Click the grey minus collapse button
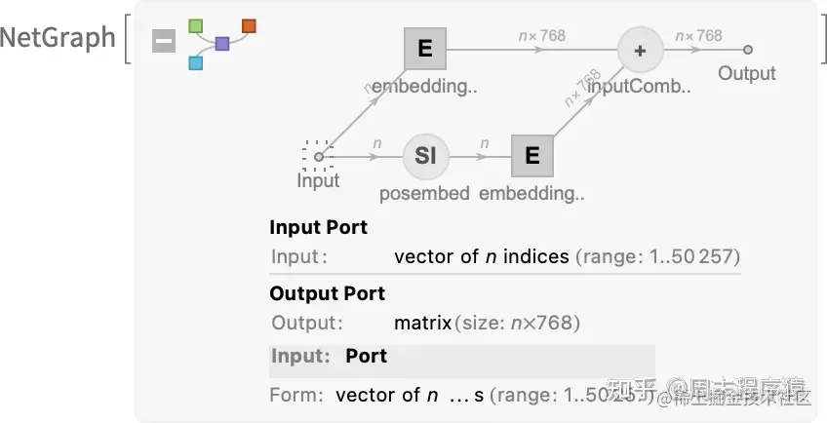(164, 42)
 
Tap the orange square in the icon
(249, 25)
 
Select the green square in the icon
(195, 24)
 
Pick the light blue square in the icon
(195, 63)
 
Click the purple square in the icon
(222, 44)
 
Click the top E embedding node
(425, 49)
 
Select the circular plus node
(640, 50)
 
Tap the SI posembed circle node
(425, 155)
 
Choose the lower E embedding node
(532, 155)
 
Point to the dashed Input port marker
(318, 155)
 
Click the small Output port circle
(748, 49)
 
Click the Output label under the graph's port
(747, 73)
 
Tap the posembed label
(425, 193)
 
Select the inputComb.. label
(639, 87)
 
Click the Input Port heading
(318, 227)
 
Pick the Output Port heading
(327, 293)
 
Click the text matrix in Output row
(423, 323)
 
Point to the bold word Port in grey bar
(366, 356)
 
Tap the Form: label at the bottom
(295, 395)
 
